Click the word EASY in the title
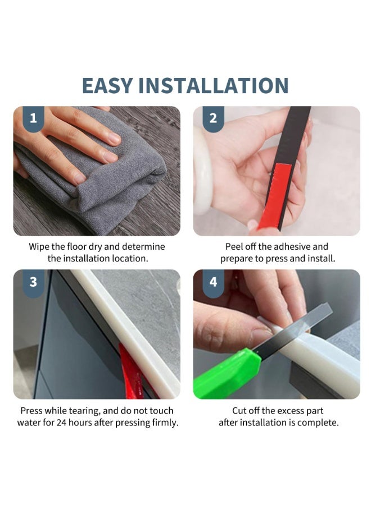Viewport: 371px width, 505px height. point(107,85)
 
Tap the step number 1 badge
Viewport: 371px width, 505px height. point(33,119)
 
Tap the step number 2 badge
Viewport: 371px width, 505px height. point(213,119)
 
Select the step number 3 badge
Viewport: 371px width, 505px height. point(33,282)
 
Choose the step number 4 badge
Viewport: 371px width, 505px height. point(213,282)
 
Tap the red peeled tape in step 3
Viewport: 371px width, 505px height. point(131,372)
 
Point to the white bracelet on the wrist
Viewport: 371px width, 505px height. point(202,171)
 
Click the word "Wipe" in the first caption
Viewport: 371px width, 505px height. point(39,247)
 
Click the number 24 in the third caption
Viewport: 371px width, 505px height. point(62,423)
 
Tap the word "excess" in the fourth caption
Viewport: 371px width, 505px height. point(289,411)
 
